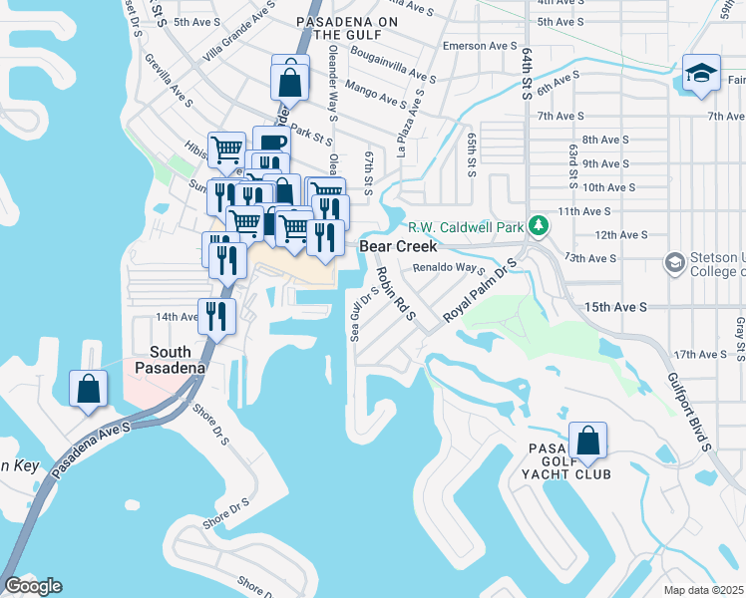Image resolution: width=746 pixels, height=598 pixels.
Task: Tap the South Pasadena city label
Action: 178,360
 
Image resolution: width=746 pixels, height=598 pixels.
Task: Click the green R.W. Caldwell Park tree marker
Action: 539,226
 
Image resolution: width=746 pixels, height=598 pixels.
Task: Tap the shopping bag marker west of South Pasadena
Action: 88,388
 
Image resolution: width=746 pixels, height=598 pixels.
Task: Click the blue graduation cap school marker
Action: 702,74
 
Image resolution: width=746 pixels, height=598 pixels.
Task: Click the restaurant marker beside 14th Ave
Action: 216,316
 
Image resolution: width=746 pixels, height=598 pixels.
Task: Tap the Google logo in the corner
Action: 33,586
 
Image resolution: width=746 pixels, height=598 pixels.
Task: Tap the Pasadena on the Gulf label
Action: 342,27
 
